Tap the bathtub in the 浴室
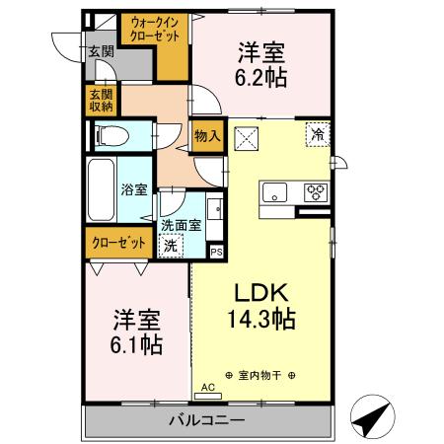point(100,189)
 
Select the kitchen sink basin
point(273,191)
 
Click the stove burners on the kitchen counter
point(316,191)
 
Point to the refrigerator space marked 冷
point(318,133)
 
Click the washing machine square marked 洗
point(172,245)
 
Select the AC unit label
point(207,387)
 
